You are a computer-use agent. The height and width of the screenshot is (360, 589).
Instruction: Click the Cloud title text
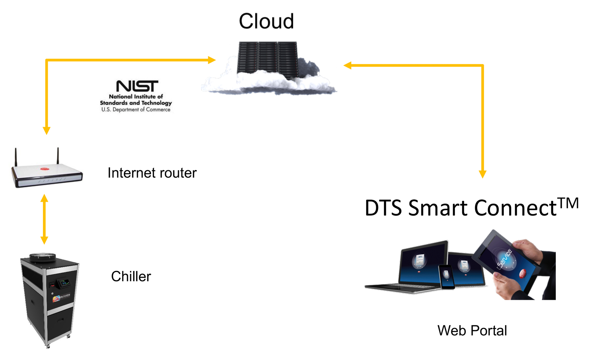tap(266, 21)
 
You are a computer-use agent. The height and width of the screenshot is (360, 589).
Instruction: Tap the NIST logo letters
tap(137, 86)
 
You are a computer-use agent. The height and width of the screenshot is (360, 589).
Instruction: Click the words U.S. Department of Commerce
tap(136, 110)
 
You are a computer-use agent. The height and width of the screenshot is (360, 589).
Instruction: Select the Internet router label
tap(152, 173)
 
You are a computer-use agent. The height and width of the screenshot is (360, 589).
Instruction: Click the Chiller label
tap(131, 276)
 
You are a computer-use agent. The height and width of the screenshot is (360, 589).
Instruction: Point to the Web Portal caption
tap(472, 331)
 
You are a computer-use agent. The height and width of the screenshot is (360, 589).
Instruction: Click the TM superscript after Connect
tap(568, 203)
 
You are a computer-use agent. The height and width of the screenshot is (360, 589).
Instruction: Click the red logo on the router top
tap(45, 168)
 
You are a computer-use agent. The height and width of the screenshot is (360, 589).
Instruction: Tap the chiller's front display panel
tap(64, 283)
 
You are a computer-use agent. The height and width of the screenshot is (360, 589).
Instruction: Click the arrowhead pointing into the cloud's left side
tap(212, 60)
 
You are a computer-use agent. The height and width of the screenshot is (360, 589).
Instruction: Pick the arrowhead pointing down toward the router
tap(46, 130)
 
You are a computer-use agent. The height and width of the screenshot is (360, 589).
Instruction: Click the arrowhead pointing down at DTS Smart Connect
tap(483, 174)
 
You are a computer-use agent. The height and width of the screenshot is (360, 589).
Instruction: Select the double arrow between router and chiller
tap(44, 219)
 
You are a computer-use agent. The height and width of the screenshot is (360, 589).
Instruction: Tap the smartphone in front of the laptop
tap(446, 277)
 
